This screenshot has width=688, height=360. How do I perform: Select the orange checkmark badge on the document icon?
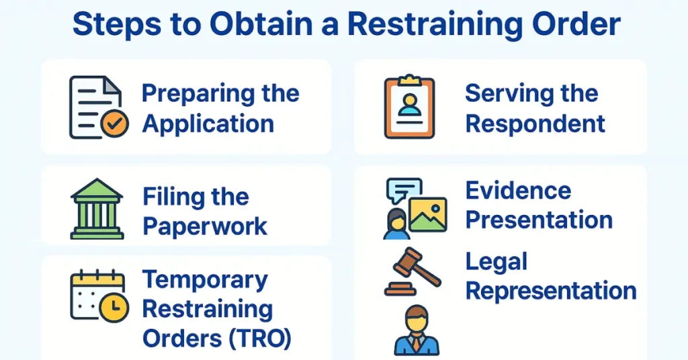click(x=114, y=125)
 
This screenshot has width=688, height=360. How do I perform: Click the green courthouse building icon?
click(x=97, y=209)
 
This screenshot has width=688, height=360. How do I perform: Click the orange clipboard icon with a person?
click(x=408, y=107)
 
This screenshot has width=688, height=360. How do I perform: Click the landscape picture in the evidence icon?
click(x=427, y=216)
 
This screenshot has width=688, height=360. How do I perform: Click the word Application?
click(x=208, y=124)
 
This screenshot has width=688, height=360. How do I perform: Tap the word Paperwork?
click(x=205, y=226)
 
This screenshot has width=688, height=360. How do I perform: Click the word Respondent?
click(x=535, y=124)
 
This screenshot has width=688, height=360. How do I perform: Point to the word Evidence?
click(x=518, y=190)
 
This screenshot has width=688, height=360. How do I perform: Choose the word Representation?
click(x=551, y=291)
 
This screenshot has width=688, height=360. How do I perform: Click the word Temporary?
click(x=206, y=279)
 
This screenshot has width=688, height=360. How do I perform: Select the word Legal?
click(x=497, y=261)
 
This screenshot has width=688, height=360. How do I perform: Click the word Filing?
click(x=169, y=197)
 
